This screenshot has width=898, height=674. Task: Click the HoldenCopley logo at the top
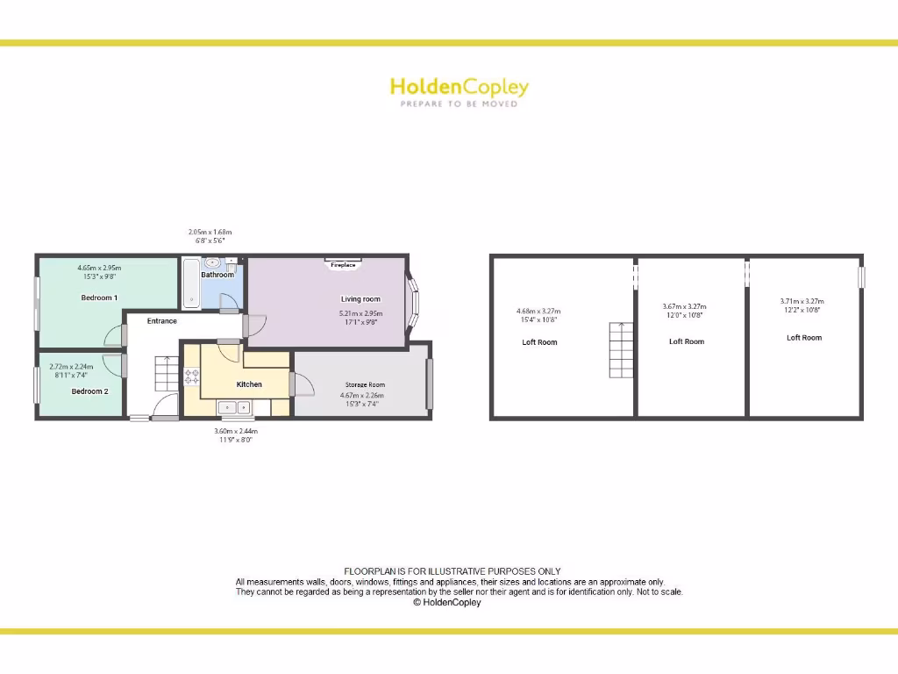(459, 87)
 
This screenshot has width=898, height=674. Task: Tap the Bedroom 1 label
(98, 298)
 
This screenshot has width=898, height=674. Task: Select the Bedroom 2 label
(89, 391)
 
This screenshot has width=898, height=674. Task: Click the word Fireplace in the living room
(343, 264)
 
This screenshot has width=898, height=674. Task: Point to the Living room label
(360, 299)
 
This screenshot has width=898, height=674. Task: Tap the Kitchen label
(249, 384)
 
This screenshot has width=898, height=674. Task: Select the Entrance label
(161, 321)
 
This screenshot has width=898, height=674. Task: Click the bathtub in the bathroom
(191, 283)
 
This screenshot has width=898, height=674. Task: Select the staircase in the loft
(621, 349)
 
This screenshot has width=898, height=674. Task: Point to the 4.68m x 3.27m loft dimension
(538, 311)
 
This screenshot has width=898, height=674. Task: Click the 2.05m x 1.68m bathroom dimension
(210, 233)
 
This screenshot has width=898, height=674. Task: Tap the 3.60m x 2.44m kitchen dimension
(236, 431)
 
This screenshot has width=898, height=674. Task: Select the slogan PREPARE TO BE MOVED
(459, 104)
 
